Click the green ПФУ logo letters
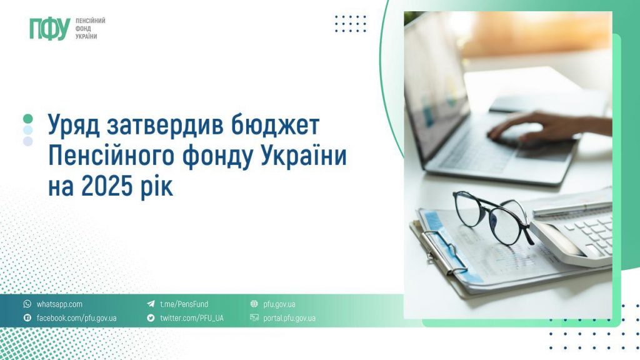pos(49,29)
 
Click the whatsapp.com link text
pos(59,304)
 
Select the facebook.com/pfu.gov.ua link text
pos(76,318)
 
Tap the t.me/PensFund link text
pos(184,304)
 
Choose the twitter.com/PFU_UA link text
pos(191,318)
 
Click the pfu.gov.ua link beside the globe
pos(279,304)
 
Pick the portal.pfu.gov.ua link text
pos(289,318)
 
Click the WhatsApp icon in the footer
pos(27,304)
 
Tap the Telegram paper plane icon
pos(151,304)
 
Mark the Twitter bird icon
pos(151,318)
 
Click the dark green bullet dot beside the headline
pos(27,118)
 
